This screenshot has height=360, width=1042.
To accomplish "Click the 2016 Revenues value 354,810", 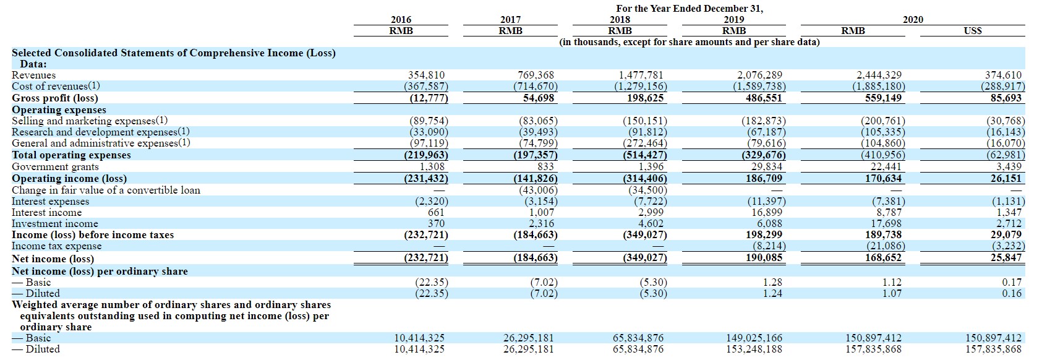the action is coord(426,75).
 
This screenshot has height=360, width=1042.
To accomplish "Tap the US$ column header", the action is coord(972,31).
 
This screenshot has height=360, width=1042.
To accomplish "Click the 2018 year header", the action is coord(620,20).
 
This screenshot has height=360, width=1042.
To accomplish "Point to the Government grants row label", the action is coord(55,166).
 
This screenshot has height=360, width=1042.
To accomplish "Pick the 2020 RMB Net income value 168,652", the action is coord(883,258).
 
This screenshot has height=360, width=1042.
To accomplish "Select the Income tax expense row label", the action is coord(56,246).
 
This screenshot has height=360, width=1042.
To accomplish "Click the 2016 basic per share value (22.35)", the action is coord(431,282).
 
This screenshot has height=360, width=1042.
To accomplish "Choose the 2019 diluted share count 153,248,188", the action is coord(754,349).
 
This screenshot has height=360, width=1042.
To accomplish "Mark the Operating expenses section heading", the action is coord(59,109).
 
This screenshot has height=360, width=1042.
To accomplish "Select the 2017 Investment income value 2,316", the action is coord(541,224).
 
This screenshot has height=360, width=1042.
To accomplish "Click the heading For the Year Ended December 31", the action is coord(690,9).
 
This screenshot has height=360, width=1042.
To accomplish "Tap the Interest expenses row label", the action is coord(50,202).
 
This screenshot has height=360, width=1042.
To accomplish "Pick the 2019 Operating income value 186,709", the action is coord(764,178).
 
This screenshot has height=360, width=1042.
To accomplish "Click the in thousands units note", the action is coord(690,42).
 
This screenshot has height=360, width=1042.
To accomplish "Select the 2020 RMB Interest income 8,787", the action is coord(889,213).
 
